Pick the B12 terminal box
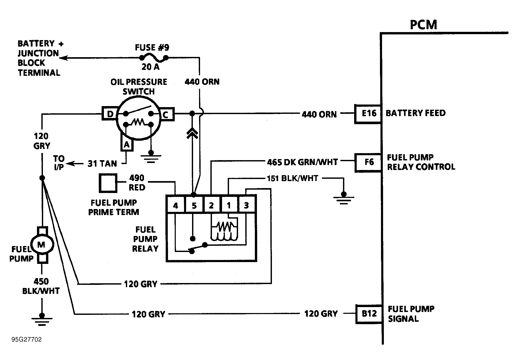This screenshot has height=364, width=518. pos(369,314)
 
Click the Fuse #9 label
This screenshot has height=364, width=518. pos(152,48)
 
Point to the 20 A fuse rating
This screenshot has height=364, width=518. pos(150,67)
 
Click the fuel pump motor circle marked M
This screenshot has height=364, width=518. pos(42,244)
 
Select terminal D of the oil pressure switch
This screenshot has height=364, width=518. pos(110,114)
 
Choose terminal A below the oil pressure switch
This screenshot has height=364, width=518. pos(127,144)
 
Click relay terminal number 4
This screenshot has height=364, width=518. pos(176,205)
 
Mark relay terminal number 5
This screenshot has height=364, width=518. pos(194,205)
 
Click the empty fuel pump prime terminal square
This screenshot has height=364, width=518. pos(108,183)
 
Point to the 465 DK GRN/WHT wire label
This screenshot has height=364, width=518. pos(302,162)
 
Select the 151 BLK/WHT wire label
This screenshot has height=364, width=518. pos(292,179)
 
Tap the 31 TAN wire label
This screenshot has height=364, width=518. pos(102,164)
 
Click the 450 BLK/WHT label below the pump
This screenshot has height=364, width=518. pos(41,286)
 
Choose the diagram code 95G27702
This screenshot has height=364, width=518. pos(26,339)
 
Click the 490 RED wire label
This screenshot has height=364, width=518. pos(137,183)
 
